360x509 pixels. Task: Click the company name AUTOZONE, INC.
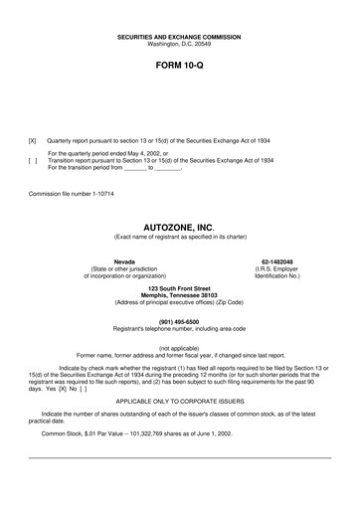coord(179,227)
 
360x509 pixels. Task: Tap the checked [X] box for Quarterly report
coord(34,142)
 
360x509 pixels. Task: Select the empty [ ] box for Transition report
coord(34,161)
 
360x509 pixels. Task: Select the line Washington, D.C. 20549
coord(179,45)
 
